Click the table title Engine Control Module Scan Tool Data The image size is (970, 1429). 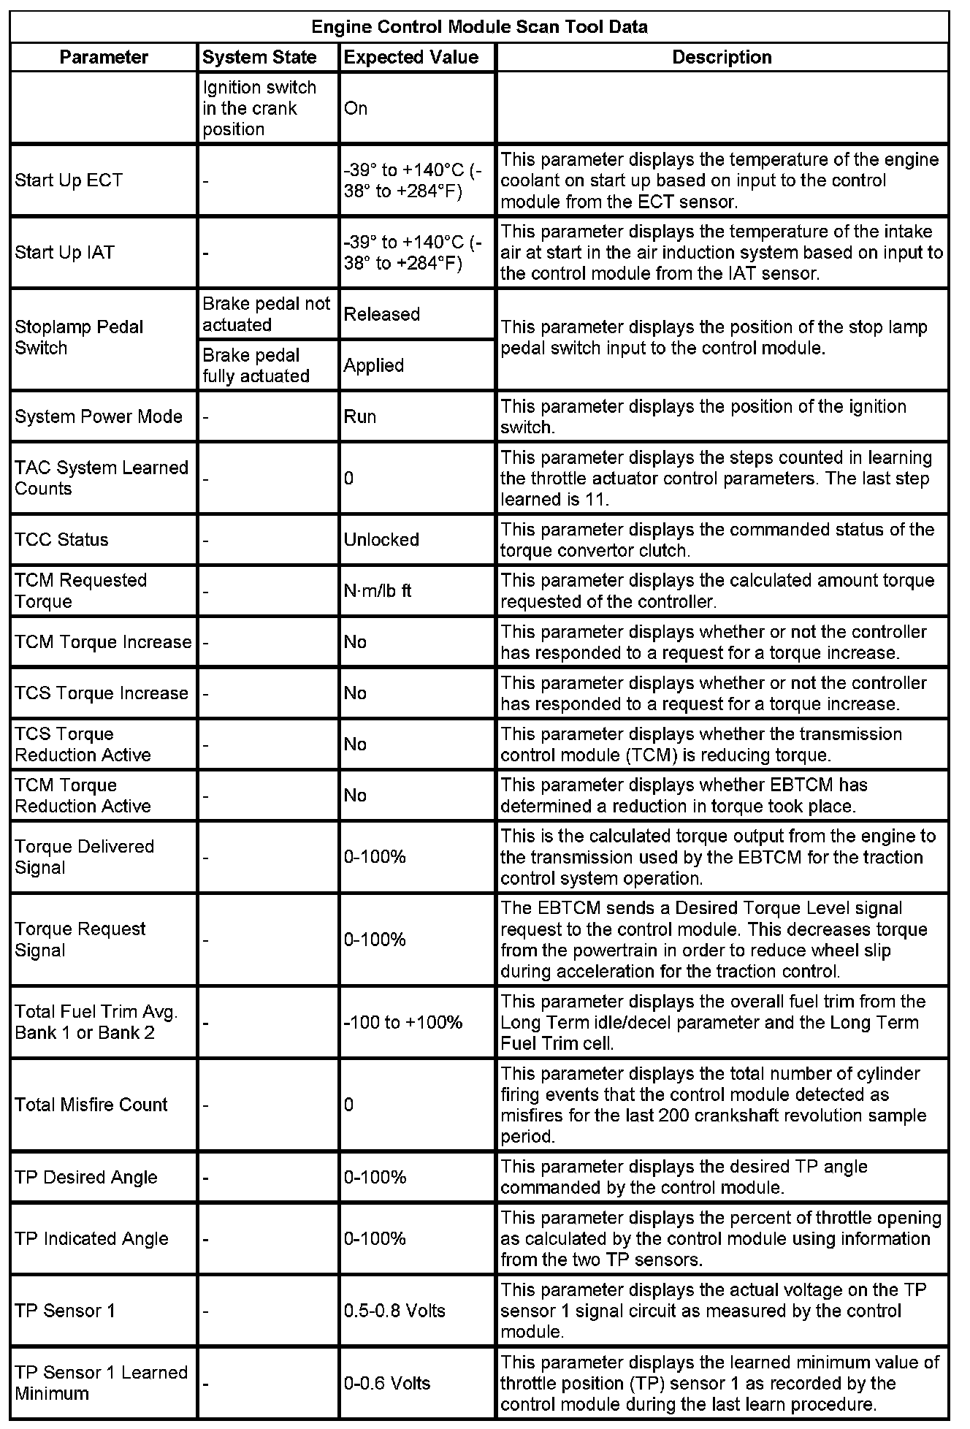coord(479,27)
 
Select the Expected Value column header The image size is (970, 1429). coord(411,57)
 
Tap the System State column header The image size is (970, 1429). coord(259,57)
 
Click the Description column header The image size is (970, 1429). coord(722,57)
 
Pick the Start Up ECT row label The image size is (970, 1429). coord(69,180)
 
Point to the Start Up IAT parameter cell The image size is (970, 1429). coord(65,253)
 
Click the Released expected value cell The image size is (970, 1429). coord(382,314)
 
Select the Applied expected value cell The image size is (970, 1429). coord(374,365)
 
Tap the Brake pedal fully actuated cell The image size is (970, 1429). coord(256,365)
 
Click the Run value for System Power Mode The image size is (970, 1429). coord(360,416)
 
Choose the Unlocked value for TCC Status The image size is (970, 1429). coord(381,540)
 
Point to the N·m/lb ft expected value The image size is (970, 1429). coord(378,590)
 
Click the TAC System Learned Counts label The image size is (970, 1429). coord(102,478)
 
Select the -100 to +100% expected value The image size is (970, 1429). coord(403,1022)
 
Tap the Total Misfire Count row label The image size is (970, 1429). coord(91,1105)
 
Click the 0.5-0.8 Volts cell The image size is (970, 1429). coord(394,1311)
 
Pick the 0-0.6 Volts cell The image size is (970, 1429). coord(387,1383)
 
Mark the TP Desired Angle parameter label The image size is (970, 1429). coord(86,1177)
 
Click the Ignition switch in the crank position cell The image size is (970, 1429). coord(259,108)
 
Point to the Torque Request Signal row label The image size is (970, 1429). coord(80,940)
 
